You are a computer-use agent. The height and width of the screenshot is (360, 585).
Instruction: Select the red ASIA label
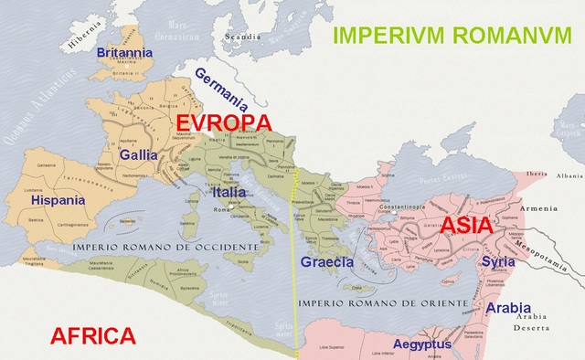pyautogui.click(x=467, y=225)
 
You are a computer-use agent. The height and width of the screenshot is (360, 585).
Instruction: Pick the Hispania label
pyautogui.click(x=58, y=199)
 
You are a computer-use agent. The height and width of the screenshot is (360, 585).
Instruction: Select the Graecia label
pyautogui.click(x=326, y=262)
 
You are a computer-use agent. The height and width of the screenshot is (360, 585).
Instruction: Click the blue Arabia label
pyautogui.click(x=508, y=308)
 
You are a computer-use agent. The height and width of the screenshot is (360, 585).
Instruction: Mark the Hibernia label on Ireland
pyautogui.click(x=78, y=41)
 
